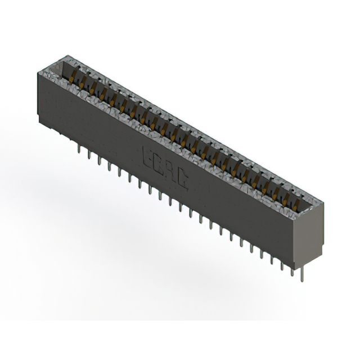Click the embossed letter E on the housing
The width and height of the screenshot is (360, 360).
(150, 155)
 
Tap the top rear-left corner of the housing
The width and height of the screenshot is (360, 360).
(67, 56)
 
